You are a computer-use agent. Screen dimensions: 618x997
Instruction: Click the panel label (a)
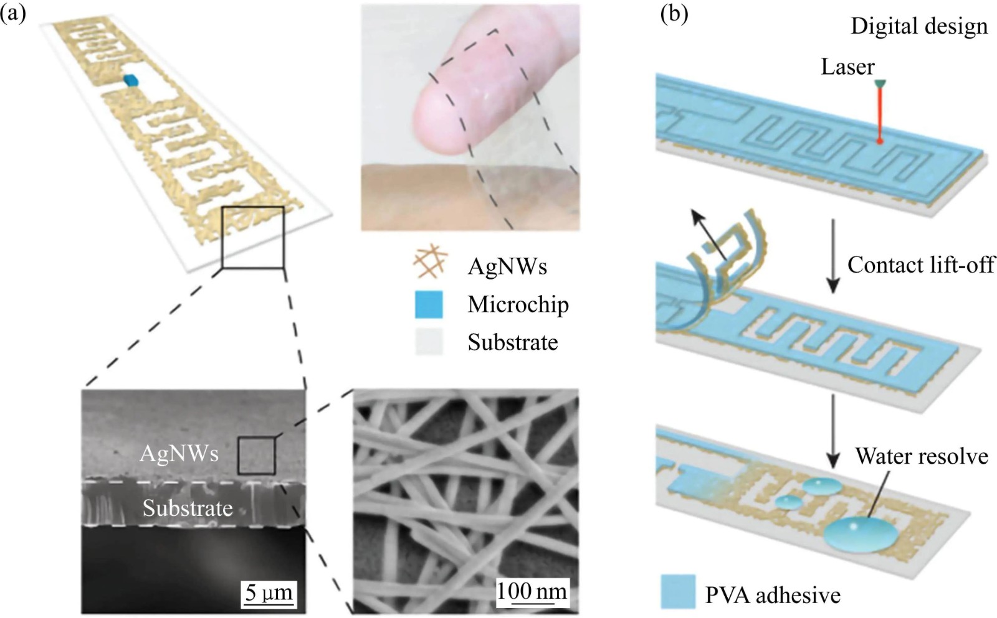[13, 12]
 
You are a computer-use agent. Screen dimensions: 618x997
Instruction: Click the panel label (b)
[674, 13]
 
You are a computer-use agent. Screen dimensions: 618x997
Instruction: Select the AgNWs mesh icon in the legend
[430, 262]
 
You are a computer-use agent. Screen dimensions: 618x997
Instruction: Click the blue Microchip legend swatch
[429, 304]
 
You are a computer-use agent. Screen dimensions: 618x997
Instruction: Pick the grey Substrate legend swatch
[429, 342]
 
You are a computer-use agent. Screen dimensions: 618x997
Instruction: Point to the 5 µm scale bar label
[269, 591]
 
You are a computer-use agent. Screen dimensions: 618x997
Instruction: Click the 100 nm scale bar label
[532, 590]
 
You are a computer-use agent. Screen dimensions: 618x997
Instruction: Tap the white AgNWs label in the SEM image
[179, 453]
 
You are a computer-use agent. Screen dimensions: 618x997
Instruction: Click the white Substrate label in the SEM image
[188, 508]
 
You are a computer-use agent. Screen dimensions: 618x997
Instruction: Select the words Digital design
[919, 26]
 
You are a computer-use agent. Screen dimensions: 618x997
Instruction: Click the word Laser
[847, 67]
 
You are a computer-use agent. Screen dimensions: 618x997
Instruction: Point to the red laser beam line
[879, 115]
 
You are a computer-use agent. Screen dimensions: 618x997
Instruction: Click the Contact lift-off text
[921, 265]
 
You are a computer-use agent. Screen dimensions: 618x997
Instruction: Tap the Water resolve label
[922, 456]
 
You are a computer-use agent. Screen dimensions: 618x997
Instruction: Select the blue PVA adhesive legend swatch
[677, 591]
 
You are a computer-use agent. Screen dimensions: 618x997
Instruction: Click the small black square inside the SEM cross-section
[256, 456]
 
